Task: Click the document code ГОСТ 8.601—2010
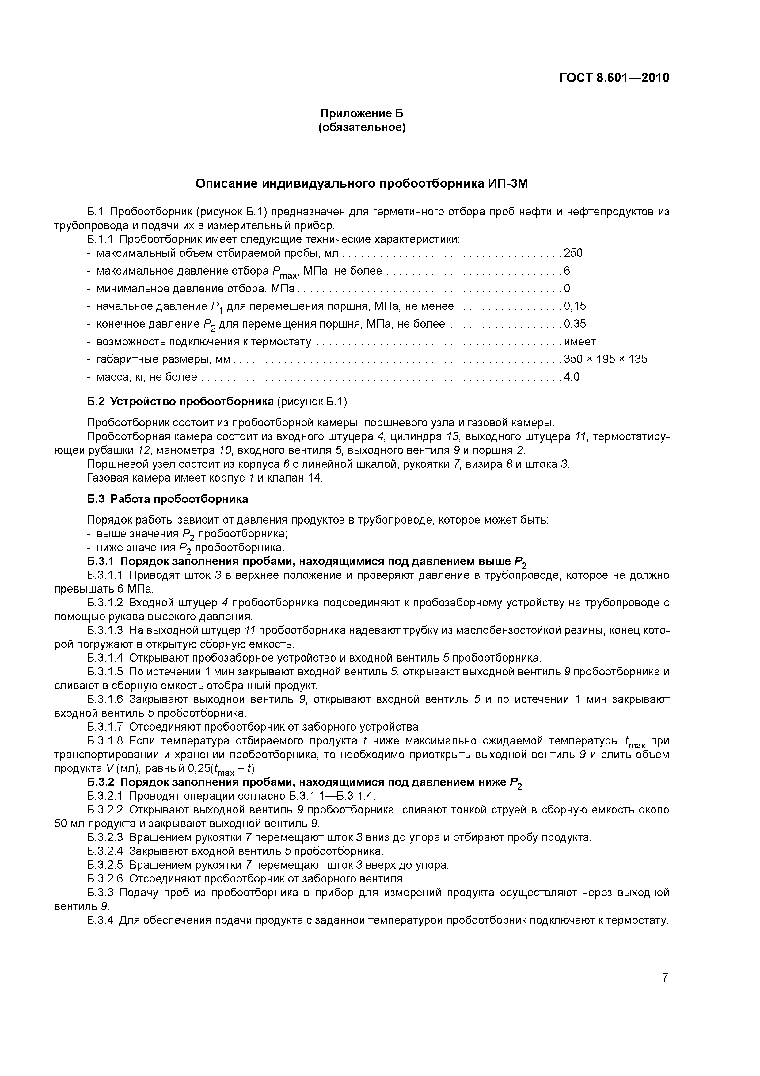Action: pos(614,77)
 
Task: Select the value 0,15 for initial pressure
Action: pos(575,306)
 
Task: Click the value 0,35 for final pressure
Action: pos(575,324)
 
